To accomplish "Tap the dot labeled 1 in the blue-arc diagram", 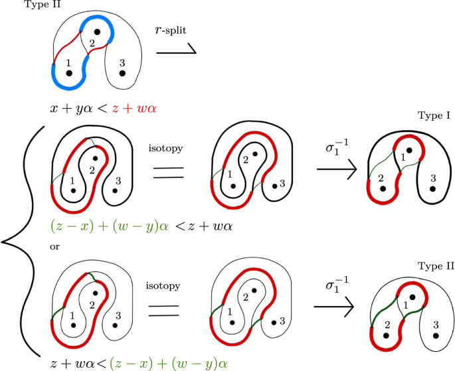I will point(69,73).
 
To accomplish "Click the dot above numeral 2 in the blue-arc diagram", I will point(97,31).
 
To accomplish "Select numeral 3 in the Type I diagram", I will point(432,177).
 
